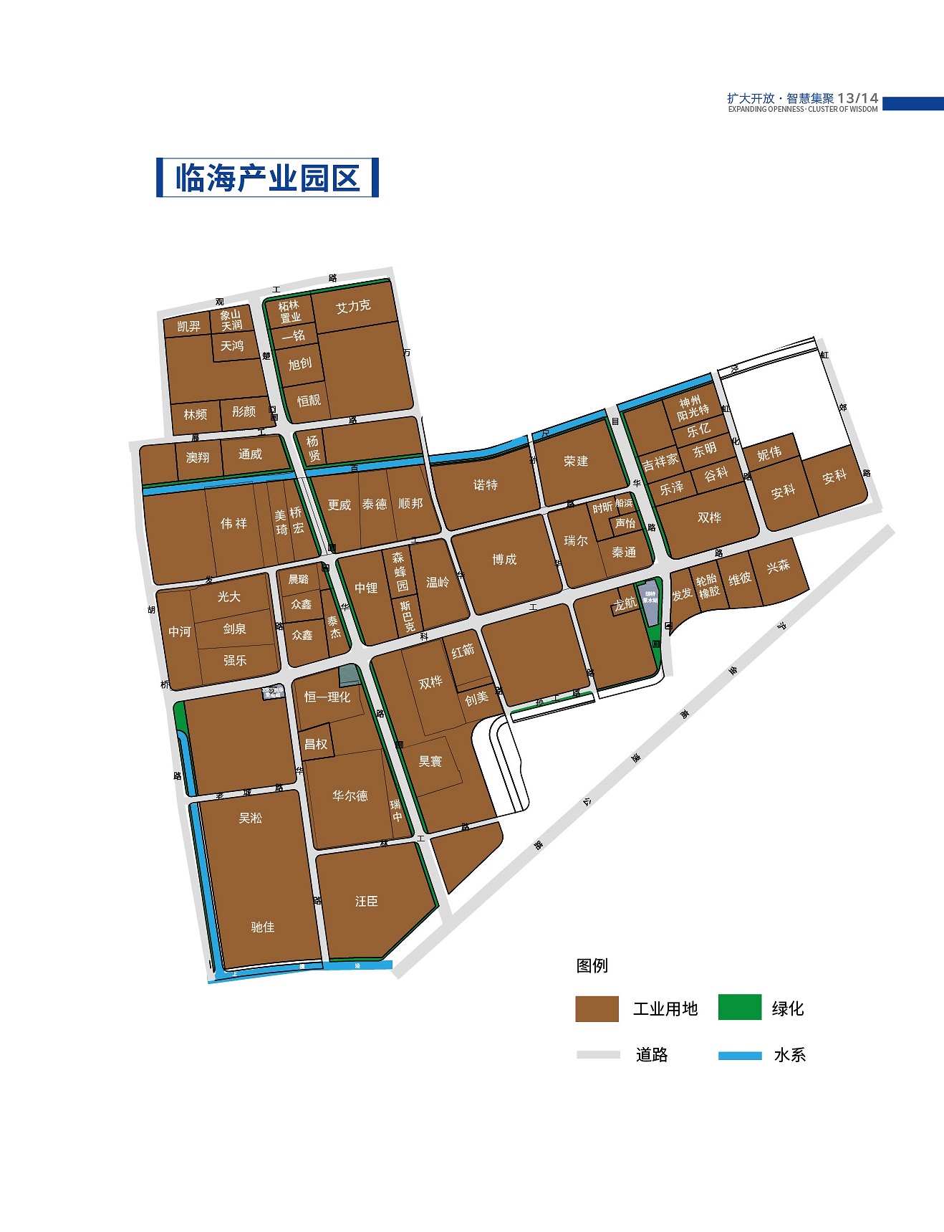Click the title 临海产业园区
point(267,178)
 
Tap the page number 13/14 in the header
point(857,98)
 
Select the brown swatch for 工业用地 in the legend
point(597,1008)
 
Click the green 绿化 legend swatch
point(739,1007)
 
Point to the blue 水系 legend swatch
point(739,1055)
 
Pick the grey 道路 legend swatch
point(598,1055)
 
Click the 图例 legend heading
point(592,965)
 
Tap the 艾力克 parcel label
point(353,307)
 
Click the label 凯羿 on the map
point(188,327)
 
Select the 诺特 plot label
point(485,485)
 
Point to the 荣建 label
point(575,461)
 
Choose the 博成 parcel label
point(504,559)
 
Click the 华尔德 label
point(350,796)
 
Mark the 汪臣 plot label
point(366,901)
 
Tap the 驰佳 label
point(263,927)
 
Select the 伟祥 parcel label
point(233,524)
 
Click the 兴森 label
point(778,566)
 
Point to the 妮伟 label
point(769,454)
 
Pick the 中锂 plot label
point(366,588)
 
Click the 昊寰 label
point(430,761)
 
